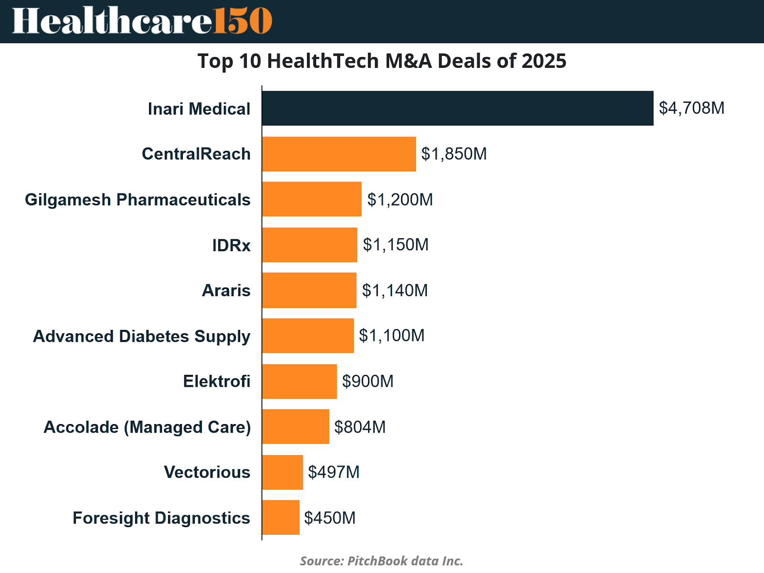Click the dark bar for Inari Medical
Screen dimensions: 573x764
(x=457, y=108)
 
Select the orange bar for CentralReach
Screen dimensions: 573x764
(x=339, y=154)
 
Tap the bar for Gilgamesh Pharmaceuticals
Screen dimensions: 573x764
(x=312, y=199)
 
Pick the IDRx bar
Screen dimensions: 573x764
(x=309, y=245)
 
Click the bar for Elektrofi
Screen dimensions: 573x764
(x=299, y=382)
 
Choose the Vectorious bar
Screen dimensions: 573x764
(x=282, y=472)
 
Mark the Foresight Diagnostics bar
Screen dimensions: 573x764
(x=281, y=518)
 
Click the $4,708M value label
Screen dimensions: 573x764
(x=691, y=108)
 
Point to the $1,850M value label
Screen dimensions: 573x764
(x=454, y=154)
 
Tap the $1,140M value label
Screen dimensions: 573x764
(x=395, y=290)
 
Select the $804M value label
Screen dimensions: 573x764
(x=360, y=427)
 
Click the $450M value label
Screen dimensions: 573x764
(x=329, y=518)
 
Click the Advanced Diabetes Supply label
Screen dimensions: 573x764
(x=141, y=337)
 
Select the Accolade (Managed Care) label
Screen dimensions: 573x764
(x=147, y=427)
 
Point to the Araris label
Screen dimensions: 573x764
(x=226, y=290)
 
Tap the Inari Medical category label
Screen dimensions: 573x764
(x=199, y=109)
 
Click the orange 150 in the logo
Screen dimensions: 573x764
(x=243, y=21)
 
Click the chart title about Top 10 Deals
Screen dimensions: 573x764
(x=382, y=61)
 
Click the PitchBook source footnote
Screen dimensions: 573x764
(x=382, y=561)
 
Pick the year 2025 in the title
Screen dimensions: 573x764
(x=544, y=61)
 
